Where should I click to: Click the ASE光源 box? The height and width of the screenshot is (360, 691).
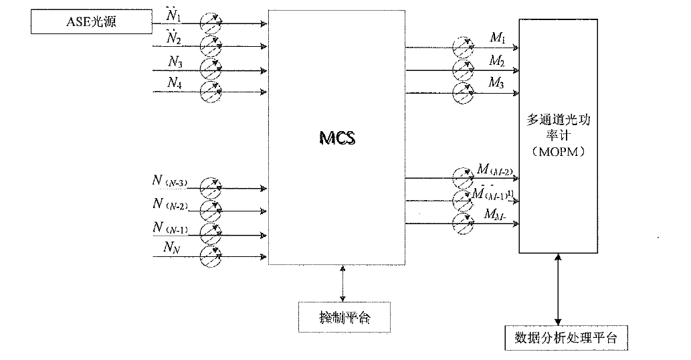[x=91, y=23]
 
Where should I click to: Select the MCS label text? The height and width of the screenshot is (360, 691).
[x=336, y=139]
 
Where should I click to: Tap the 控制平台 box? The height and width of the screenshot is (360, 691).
[x=344, y=316]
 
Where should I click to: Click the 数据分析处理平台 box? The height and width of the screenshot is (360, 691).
[x=566, y=337]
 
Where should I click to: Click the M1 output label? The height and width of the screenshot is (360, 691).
[x=497, y=38]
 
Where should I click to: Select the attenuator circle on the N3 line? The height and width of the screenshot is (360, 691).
[x=211, y=69]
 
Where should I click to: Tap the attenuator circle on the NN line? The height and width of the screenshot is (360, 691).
[x=211, y=256]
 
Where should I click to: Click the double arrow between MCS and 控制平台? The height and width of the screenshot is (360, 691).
[x=343, y=282]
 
